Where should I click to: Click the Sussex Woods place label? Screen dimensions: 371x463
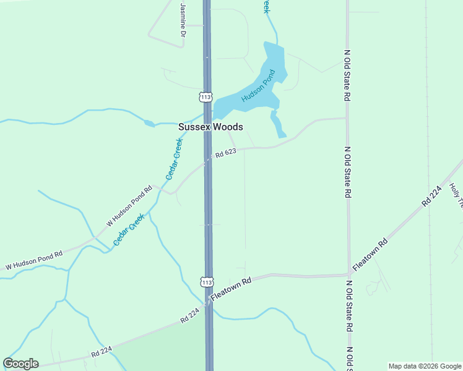coord(210,127)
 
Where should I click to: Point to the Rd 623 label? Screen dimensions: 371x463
coord(226,153)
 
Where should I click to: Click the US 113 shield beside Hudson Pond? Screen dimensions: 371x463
coord(206,97)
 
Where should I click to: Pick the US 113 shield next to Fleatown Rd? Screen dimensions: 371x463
coord(207,281)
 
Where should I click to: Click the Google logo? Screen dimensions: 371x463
coord(20,364)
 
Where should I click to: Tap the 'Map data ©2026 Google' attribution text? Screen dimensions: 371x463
coord(424,366)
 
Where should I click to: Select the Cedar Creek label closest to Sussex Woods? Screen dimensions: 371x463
coord(175,159)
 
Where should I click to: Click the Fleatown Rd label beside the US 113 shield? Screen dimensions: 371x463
coord(231,289)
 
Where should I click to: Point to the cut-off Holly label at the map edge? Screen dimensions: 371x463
coord(457,194)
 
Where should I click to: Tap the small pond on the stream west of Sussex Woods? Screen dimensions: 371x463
coord(149,123)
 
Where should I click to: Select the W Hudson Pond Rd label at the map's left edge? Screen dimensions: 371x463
coord(34,260)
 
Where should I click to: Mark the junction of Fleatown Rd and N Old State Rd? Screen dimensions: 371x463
coord(348,274)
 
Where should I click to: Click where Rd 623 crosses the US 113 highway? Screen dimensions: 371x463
coord(208,158)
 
